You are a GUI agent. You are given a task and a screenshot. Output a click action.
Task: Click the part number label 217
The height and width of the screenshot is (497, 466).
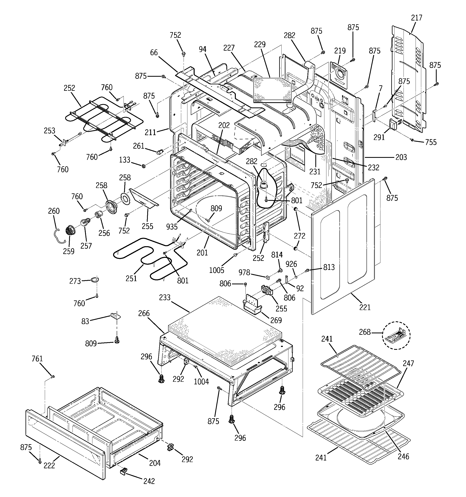[416, 18]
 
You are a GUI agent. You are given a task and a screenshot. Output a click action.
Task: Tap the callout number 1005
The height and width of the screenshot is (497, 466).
[217, 270]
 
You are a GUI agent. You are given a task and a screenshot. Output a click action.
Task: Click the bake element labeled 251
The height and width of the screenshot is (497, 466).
[150, 262]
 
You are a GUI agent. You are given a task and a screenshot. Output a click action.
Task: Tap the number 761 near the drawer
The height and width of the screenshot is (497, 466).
[37, 359]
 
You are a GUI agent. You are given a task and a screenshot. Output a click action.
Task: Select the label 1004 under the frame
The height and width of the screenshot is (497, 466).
[201, 382]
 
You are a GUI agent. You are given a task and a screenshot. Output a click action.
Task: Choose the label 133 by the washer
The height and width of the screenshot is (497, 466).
[125, 160]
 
